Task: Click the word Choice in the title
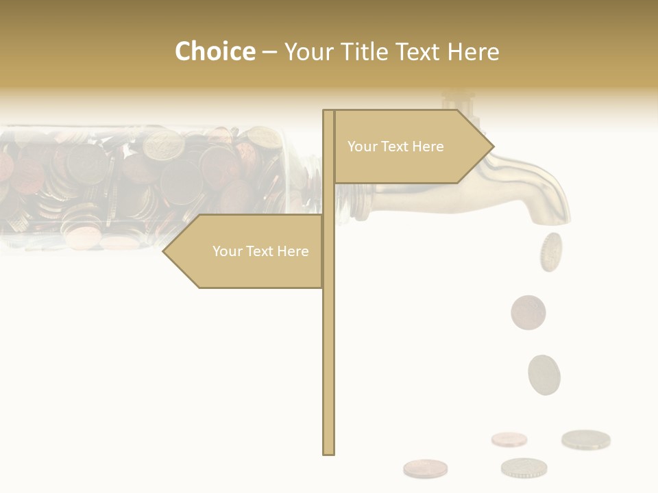pyautogui.click(x=215, y=51)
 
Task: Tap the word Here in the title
pyautogui.click(x=473, y=51)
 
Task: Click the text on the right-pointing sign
pyautogui.click(x=395, y=147)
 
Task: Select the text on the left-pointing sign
pyautogui.click(x=260, y=251)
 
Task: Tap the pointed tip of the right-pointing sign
pyautogui.click(x=492, y=146)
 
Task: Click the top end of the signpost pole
pyautogui.click(x=328, y=112)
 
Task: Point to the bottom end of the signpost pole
pyautogui.click(x=328, y=453)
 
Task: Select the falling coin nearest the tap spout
pyautogui.click(x=550, y=251)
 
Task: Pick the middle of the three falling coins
pyautogui.click(x=528, y=312)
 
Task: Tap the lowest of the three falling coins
pyautogui.click(x=544, y=375)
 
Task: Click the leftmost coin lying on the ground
pyautogui.click(x=425, y=468)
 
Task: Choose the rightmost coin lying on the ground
pyautogui.click(x=586, y=440)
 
